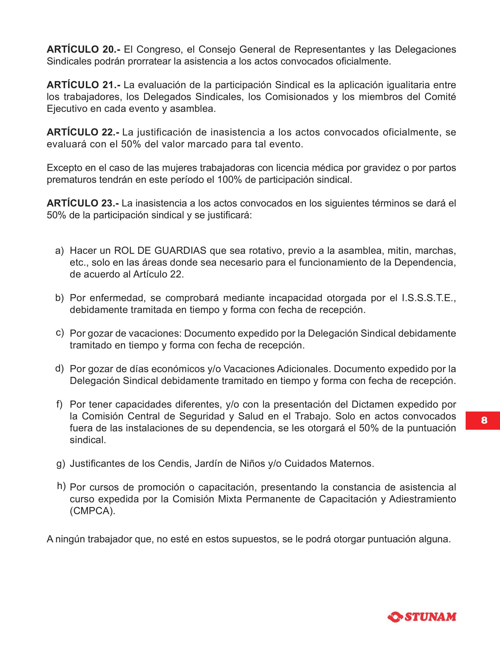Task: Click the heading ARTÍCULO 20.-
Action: (84, 49)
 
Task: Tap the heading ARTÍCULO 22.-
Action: (83, 132)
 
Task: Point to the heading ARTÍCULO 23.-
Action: (83, 203)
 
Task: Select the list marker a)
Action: (59, 251)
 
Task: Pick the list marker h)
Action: (61, 486)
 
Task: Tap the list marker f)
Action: (59, 404)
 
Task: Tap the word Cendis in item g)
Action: (174, 463)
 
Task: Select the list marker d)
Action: (59, 369)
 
